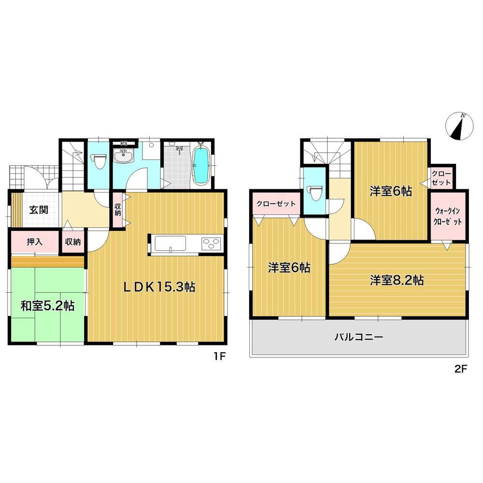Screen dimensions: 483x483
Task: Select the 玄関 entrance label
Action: [38, 210]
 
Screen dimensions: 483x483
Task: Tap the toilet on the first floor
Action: [99, 161]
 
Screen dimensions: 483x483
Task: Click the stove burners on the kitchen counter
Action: [211, 243]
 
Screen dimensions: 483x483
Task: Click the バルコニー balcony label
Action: [359, 337]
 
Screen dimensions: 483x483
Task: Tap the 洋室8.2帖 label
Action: [397, 280]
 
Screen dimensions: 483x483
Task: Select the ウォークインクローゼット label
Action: [449, 216]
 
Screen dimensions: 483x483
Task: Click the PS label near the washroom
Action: [124, 143]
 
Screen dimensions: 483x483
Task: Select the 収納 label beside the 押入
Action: [73, 242]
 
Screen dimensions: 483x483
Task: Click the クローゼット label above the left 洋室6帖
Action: [276, 204]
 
